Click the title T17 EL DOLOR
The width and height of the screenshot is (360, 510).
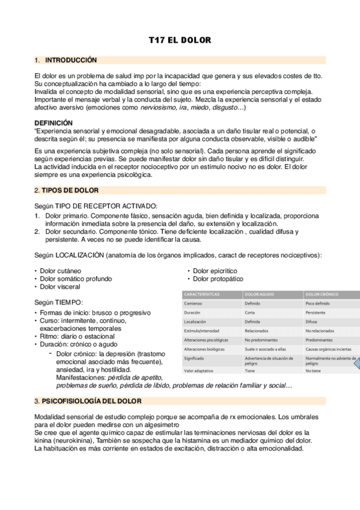(x=180, y=40)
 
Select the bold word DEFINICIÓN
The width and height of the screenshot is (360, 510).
(x=54, y=122)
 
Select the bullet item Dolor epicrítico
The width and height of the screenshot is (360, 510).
(x=215, y=271)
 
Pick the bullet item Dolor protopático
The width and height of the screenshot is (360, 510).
(x=218, y=279)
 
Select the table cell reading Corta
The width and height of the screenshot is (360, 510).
(x=250, y=313)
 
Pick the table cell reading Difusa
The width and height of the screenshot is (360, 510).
(x=311, y=322)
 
